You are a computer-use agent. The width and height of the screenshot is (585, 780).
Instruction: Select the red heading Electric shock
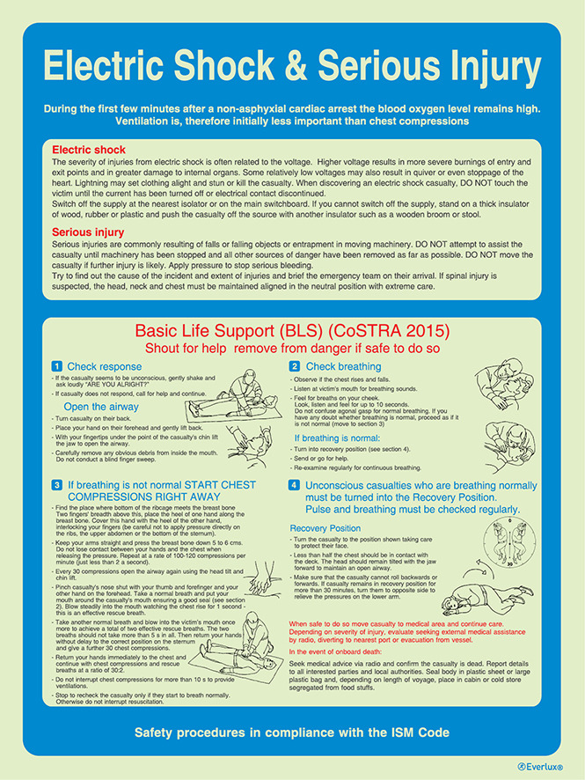[x=88, y=150]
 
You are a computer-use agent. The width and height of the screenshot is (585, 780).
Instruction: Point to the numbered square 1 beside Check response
[x=55, y=366]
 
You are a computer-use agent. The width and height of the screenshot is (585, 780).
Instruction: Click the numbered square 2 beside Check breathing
[x=294, y=366]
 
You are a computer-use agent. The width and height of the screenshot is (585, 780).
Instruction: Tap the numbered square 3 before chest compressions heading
[x=55, y=485]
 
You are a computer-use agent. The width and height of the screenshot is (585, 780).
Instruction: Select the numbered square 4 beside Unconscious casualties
[x=294, y=485]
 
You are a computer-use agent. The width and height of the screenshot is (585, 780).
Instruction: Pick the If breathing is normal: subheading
[x=337, y=438]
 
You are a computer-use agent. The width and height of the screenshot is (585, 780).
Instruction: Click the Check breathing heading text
[x=343, y=366]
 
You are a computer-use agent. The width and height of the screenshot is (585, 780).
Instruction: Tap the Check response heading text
[x=106, y=366]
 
